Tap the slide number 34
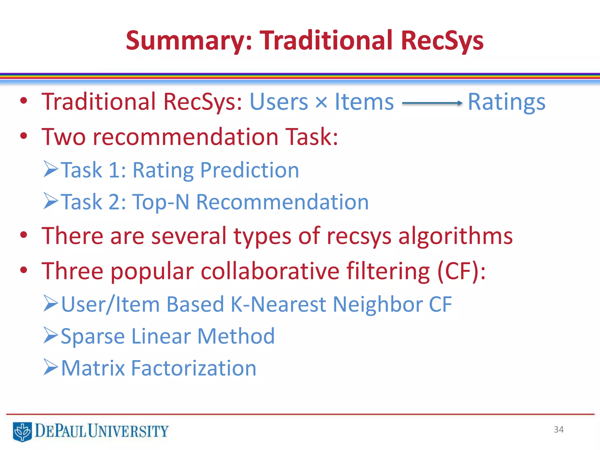(559, 429)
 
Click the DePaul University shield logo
(22, 431)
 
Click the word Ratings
(507, 102)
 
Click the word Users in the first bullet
(278, 102)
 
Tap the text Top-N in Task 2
(161, 202)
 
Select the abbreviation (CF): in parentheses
(461, 271)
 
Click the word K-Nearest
(279, 304)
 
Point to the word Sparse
(93, 336)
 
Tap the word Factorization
(194, 368)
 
